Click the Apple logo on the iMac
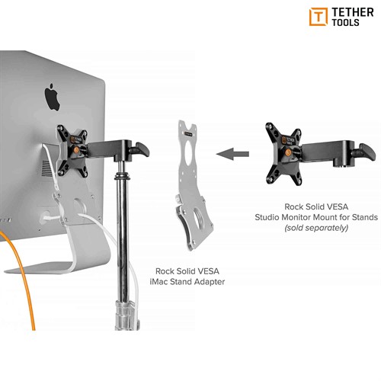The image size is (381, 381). pyautogui.click(x=53, y=98)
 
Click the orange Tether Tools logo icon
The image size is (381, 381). pyautogui.click(x=319, y=17)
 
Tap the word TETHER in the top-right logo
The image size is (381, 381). pyautogui.click(x=353, y=12)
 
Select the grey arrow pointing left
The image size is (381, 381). pyautogui.click(x=232, y=154)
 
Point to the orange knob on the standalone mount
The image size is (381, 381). pyautogui.click(x=288, y=153)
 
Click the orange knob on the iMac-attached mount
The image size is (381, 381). pyautogui.click(x=76, y=150)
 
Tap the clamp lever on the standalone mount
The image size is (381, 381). pyautogui.click(x=367, y=152)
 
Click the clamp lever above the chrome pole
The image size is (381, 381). pyautogui.click(x=142, y=150)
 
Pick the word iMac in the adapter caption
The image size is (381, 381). pyautogui.click(x=158, y=282)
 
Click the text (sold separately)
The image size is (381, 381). pyautogui.click(x=316, y=228)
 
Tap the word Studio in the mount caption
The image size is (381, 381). pyautogui.click(x=267, y=217)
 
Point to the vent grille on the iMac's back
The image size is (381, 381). pyautogui.click(x=46, y=168)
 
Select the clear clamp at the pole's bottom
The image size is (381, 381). pyautogui.click(x=127, y=315)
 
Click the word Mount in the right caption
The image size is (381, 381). pyautogui.click(x=325, y=217)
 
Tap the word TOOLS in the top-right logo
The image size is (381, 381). pyautogui.click(x=345, y=22)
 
